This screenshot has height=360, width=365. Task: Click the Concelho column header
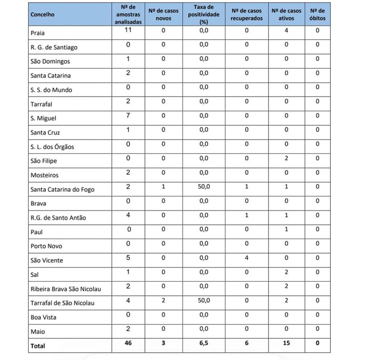pos(43,14)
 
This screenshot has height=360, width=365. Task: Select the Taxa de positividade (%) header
pos(204,14)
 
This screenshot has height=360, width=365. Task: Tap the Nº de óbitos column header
pos(317,14)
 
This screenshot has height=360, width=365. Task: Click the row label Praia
pos(38,33)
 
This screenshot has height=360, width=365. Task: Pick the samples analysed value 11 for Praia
pos(128,30)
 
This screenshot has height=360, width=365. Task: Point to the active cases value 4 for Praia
pos(286,30)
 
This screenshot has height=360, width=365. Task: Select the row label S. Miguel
pos(43,118)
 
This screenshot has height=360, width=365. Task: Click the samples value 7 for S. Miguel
pos(128,116)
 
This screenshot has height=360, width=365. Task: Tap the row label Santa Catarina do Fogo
pos(62,189)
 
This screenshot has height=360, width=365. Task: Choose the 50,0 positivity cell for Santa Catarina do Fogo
pos(204,186)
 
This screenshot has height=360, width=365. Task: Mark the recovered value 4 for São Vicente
pos(247,258)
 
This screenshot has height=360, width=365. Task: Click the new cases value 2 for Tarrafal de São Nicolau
pos(163,300)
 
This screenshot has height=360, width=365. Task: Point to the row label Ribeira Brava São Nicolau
pos(66,289)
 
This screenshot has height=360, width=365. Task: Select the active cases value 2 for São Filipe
pos(286,158)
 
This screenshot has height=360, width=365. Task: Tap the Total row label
pos(38,346)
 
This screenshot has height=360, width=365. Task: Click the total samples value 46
pos(128,343)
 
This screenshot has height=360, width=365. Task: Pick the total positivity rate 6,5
pos(204,343)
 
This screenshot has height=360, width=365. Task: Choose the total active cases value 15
pos(286,343)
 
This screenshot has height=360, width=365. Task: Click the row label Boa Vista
pos(43,317)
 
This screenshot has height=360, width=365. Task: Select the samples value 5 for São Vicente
pos(128,258)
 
